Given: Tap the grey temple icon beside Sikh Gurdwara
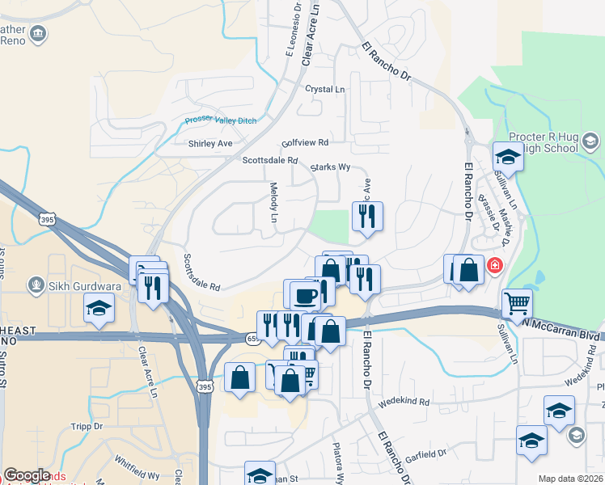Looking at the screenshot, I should pos(36,284).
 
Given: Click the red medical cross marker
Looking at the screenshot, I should pos(493,265).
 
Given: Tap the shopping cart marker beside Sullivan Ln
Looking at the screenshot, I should pos(517,304).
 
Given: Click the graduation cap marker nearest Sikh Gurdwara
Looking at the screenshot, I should pos(99,308).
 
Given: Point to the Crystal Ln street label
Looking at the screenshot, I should pos(324,89).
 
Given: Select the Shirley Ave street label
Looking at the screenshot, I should pos(209,144).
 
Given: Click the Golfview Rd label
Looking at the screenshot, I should pos(305,142).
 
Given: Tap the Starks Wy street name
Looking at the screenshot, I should pos(330,167).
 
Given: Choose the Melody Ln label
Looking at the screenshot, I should pos(273,202).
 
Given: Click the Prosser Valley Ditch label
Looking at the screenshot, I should pos(220,120).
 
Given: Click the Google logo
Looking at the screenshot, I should pos(27,475).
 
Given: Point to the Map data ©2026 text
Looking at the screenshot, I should pos(570,479).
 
